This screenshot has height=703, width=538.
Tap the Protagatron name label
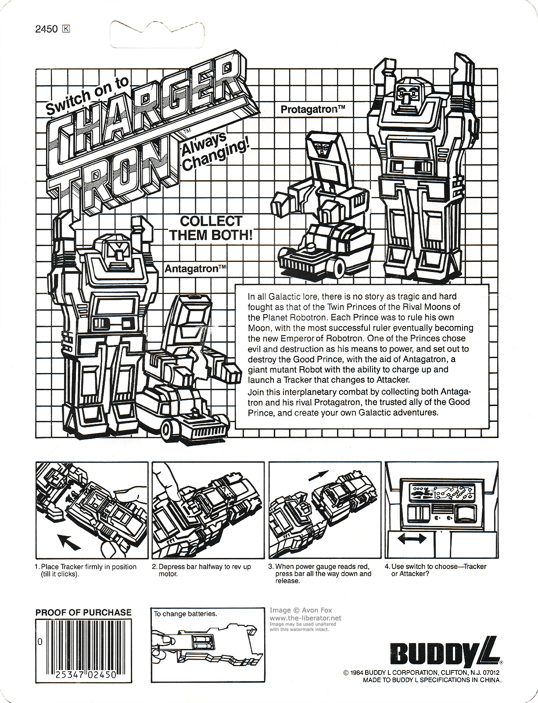[312, 109]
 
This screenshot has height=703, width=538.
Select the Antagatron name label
[196, 269]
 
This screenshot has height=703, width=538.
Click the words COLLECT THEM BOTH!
[211, 228]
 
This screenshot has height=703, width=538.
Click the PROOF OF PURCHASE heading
[83, 612]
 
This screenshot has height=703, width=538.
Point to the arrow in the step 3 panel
[321, 477]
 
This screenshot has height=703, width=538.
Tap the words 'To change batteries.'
[185, 614]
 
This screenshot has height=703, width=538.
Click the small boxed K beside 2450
[66, 29]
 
